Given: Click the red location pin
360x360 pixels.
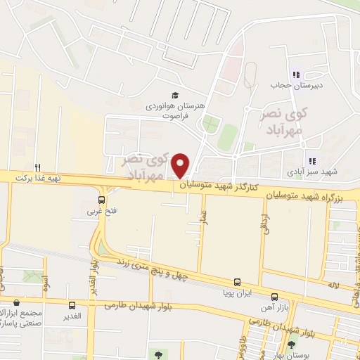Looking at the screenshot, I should pyautogui.click(x=181, y=165).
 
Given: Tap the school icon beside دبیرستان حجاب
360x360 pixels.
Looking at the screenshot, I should pyautogui.click(x=296, y=75).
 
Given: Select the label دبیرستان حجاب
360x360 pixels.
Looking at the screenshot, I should pyautogui.click(x=290, y=86).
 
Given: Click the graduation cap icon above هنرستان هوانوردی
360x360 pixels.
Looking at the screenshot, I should pyautogui.click(x=174, y=96).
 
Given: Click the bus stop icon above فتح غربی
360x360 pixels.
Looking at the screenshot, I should pyautogui.click(x=103, y=200).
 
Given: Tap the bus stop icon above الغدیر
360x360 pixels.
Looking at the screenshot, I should pyautogui.click(x=72, y=305).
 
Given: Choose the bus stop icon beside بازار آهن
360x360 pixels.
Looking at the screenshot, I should pyautogui.click(x=274, y=297).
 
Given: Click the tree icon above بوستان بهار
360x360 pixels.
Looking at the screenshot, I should pyautogui.click(x=291, y=345).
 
